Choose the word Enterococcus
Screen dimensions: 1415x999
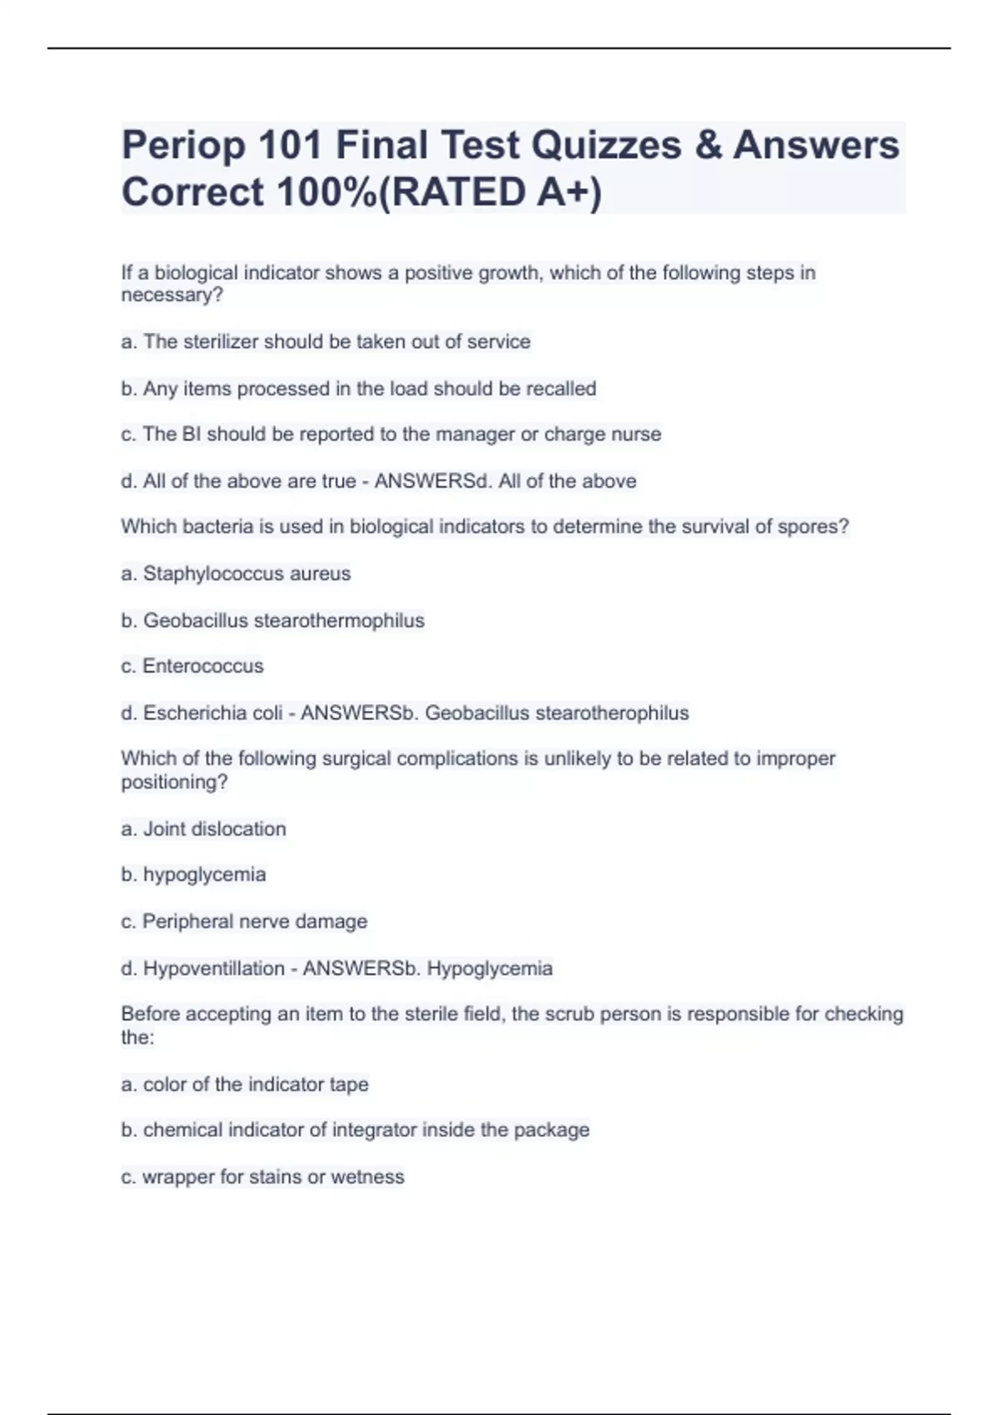[203, 666]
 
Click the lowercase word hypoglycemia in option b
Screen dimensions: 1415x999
[205, 875]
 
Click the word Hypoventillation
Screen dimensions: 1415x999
[214, 969]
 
